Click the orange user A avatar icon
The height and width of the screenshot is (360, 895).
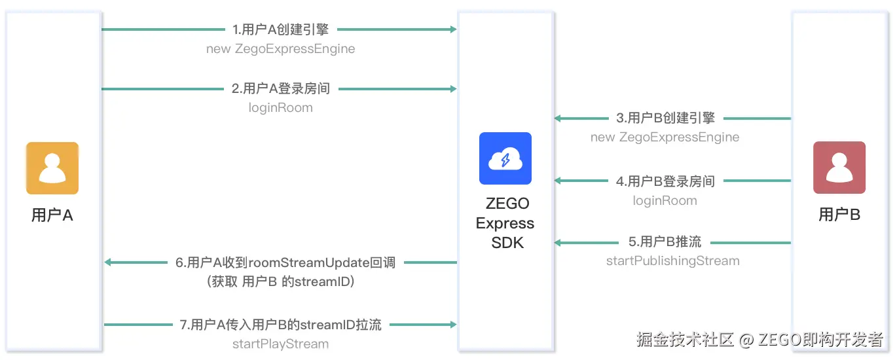pos(52,168)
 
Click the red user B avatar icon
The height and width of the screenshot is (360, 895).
pos(839,168)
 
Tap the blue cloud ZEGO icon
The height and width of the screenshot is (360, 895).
pos(505,158)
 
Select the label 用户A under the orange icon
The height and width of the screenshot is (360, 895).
pos(52,215)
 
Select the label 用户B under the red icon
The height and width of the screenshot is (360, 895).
pos(839,214)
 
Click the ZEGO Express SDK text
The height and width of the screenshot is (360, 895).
pos(505,223)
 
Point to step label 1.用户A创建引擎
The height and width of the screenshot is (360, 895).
pos(280,29)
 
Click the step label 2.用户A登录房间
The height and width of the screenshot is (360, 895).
pos(280,89)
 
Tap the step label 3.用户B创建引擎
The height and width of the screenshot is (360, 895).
pos(665,118)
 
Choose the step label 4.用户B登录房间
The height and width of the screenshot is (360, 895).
pos(665,181)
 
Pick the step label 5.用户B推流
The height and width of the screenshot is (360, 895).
pos(665,242)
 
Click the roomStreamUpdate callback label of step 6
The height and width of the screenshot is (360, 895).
pos(285,262)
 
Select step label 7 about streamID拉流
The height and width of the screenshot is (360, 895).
pos(280,325)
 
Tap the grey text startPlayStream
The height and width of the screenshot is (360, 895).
pos(280,344)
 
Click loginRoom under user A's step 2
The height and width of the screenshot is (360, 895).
pos(280,107)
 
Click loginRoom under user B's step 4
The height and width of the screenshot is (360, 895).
pos(665,200)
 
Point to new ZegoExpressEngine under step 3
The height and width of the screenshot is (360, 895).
pos(665,137)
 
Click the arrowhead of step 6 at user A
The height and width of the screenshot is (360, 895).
pos(108,262)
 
